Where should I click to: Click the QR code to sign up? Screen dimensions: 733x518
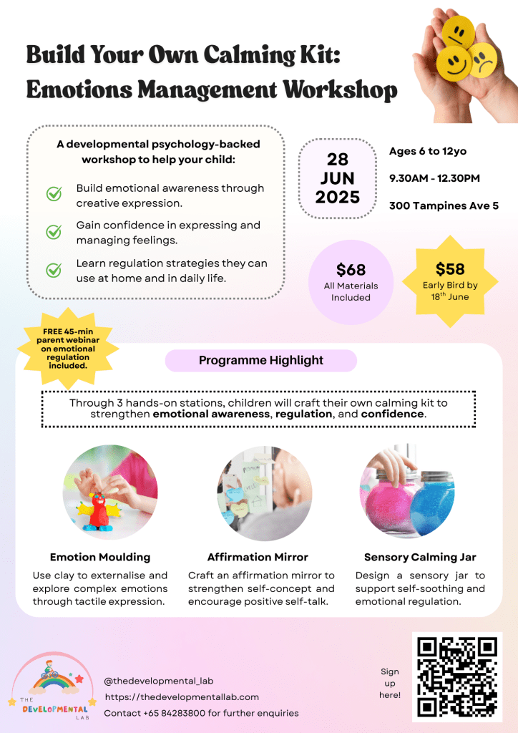(x=456, y=676)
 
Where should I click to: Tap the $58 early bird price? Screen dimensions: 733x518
(x=450, y=269)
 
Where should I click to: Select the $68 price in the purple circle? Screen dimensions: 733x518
(x=351, y=271)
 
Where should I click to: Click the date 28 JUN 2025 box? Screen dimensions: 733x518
(x=338, y=178)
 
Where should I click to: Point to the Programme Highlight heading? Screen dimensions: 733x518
(x=261, y=361)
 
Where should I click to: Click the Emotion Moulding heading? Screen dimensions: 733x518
(x=100, y=557)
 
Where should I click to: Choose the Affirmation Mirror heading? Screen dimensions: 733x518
(x=258, y=557)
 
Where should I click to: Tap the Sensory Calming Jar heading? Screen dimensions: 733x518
(x=420, y=557)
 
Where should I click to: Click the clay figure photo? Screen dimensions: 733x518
(x=109, y=491)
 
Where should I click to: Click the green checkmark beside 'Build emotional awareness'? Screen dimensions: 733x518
(x=54, y=194)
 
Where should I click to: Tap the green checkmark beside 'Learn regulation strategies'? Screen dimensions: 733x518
(x=54, y=270)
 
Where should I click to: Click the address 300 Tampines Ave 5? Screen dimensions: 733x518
(x=444, y=206)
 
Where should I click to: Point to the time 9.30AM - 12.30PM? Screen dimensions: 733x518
(x=434, y=178)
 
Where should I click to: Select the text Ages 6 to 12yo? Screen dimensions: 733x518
(x=427, y=151)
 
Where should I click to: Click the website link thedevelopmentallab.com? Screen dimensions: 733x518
(x=182, y=696)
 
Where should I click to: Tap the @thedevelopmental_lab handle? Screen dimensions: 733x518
(x=158, y=681)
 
